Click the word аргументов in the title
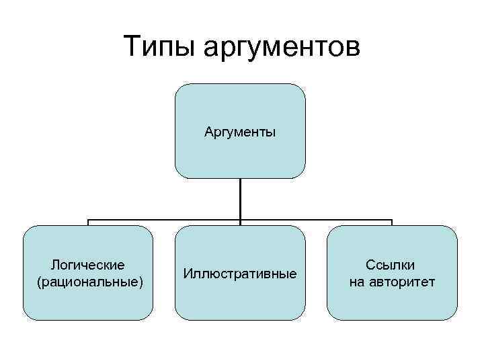[282, 48]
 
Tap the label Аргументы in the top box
[240, 132]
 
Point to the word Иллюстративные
[240, 274]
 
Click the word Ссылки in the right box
[390, 266]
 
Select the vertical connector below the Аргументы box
[240, 198]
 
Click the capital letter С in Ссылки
[370, 266]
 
